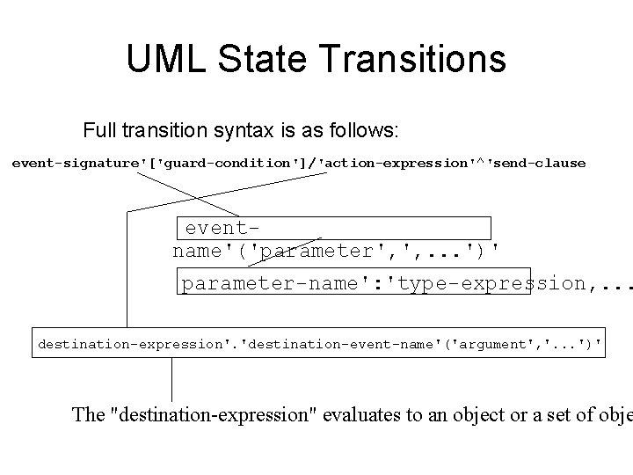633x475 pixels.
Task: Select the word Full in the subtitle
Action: point(99,131)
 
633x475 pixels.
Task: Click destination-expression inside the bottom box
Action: point(129,344)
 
